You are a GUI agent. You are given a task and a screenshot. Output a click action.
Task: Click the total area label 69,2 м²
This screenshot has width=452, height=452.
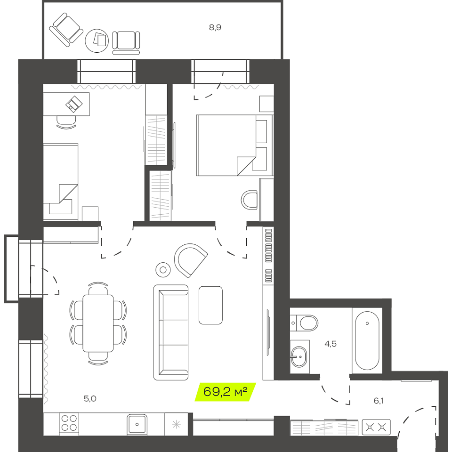pyautogui.click(x=225, y=392)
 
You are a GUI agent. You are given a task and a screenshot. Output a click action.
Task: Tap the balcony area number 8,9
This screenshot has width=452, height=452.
pyautogui.click(x=215, y=27)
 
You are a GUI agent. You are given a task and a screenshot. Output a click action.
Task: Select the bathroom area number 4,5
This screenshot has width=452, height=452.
pyautogui.click(x=331, y=344)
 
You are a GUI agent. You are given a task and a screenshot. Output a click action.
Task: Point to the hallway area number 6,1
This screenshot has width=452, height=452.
pyautogui.click(x=379, y=400)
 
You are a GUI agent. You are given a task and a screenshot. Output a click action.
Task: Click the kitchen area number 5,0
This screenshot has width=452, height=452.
pyautogui.click(x=90, y=398)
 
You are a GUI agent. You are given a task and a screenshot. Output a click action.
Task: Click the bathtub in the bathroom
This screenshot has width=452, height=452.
pyautogui.click(x=367, y=340)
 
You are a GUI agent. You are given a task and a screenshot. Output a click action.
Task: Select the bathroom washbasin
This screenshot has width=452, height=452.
pyautogui.click(x=299, y=356)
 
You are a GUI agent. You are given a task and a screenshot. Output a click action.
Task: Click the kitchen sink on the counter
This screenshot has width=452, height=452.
pyautogui.click(x=137, y=424)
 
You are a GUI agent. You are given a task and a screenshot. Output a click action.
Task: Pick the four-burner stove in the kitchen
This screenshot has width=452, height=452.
pyautogui.click(x=69, y=423)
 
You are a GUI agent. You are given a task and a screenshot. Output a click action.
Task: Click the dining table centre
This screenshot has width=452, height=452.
pyautogui.click(x=98, y=323)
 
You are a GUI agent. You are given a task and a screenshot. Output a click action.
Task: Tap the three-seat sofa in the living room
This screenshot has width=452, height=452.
pyautogui.click(x=171, y=332)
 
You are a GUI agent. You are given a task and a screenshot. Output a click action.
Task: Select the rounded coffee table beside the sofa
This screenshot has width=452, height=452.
pyautogui.click(x=210, y=305)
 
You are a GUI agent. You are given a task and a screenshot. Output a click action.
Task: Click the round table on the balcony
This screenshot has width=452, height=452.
pyautogui.click(x=97, y=40)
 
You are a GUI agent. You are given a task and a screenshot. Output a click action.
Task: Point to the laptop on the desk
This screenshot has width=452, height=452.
pyautogui.click(x=74, y=104)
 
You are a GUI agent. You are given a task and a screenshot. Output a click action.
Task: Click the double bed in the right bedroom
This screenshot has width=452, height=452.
pyautogui.click(x=234, y=145)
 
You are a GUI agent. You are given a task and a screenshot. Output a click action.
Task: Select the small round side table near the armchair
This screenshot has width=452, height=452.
pyautogui.click(x=163, y=270)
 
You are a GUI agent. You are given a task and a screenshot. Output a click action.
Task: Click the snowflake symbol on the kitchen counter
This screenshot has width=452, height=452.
pyautogui.click(x=176, y=424)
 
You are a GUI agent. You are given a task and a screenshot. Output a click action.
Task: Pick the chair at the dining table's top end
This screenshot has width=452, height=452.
pyautogui.click(x=98, y=288)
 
